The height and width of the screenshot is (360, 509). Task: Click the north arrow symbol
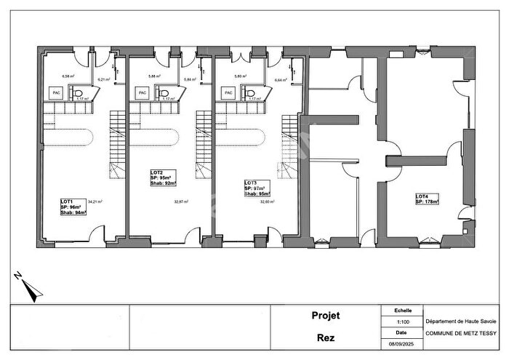27,286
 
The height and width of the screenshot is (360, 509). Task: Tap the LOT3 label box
257,188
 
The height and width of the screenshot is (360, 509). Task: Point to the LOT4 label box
428,199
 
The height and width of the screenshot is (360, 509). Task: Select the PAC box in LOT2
143,92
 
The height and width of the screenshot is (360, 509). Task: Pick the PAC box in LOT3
228,92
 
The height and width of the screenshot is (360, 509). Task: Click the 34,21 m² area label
95,201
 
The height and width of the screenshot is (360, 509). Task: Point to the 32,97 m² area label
180,201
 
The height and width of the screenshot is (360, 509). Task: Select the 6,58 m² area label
69,76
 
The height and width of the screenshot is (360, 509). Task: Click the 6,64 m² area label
281,80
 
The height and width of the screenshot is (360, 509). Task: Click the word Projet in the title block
326,316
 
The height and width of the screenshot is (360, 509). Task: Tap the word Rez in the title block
326,337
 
